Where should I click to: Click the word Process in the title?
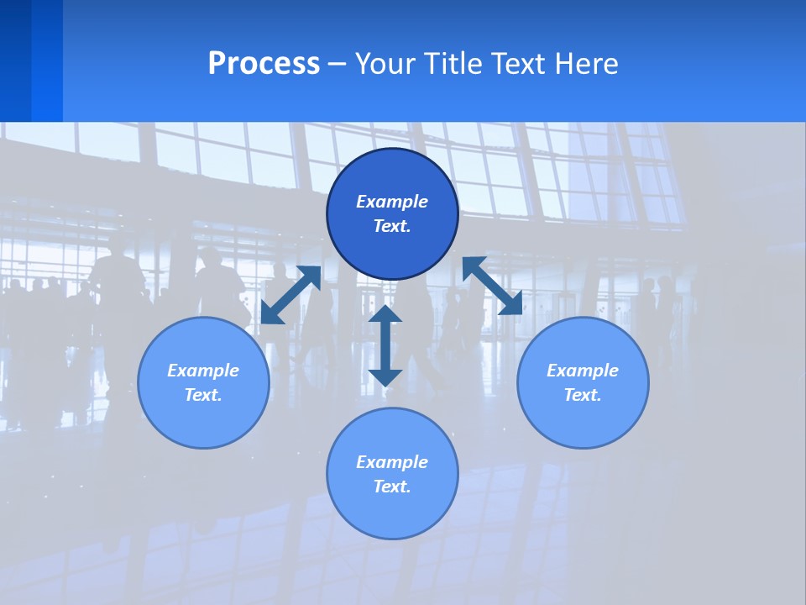264,64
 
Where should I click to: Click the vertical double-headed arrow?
385,345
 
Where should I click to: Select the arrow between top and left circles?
290,295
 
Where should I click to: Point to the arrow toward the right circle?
492,287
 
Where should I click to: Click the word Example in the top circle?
392,202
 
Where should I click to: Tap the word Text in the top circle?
392,226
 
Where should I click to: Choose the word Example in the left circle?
203,371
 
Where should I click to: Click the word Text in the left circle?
203,395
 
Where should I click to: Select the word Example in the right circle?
583,371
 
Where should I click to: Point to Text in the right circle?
583,395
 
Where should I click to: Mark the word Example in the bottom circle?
392,462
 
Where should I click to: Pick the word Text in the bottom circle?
392,487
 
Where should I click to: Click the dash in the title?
338,65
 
